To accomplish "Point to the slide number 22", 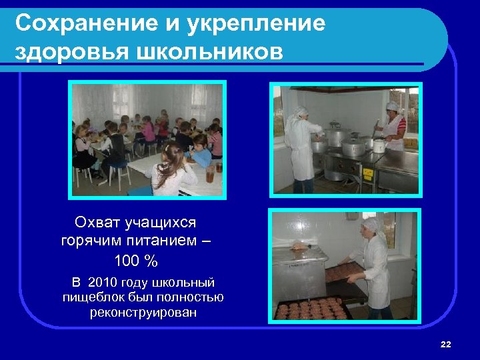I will click(446, 344).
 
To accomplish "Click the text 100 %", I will click(136, 259).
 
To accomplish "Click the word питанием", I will click(160, 240).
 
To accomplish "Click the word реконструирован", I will click(143, 312).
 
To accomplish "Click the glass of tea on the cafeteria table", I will click(211, 175).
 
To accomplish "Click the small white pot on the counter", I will click(379, 145).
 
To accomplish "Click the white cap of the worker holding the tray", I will click(373, 225).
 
